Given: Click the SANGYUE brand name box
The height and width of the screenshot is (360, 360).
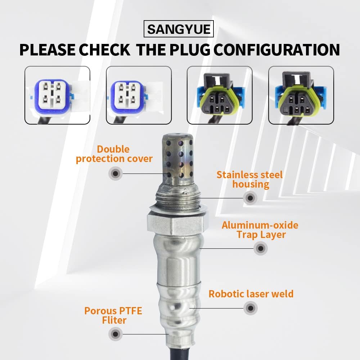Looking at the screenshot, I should point(179,29).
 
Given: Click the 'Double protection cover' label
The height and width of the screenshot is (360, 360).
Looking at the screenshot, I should point(114,154).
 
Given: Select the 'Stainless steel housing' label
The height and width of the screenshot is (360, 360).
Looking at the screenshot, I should point(250,180).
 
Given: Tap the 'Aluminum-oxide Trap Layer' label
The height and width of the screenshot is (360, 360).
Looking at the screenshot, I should point(260,230).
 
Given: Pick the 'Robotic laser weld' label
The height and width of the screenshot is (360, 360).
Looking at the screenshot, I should point(251,294).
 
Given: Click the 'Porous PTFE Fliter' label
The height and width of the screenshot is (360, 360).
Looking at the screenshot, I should point(113,315).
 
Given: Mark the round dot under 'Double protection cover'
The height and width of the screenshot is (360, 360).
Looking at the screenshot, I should point(115,174).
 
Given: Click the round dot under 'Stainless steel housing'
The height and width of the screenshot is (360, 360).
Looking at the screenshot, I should point(250,197).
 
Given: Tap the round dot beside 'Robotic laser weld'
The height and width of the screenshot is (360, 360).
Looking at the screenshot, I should point(250,308).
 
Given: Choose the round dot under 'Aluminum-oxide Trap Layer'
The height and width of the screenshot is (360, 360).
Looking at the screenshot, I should point(260,248).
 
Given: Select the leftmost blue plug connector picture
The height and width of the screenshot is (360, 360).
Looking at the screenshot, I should point(57,95).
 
